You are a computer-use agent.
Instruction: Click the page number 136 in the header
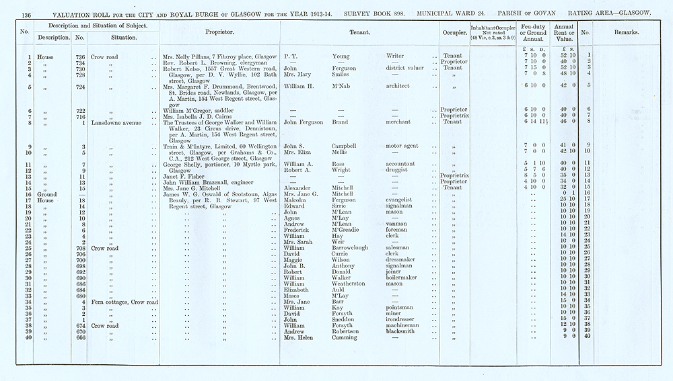27,13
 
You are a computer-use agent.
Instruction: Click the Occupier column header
455,32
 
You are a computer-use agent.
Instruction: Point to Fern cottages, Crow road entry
124,302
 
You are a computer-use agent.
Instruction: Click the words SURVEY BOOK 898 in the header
372,13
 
